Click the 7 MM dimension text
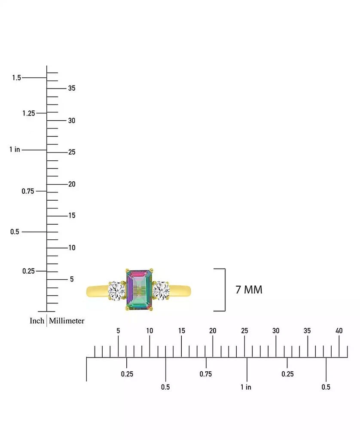[249, 290]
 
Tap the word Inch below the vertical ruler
[37, 321]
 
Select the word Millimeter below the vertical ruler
[67, 321]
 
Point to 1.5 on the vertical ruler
[17, 77]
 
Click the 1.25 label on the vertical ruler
[29, 113]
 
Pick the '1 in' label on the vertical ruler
[15, 149]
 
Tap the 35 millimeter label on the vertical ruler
[72, 88]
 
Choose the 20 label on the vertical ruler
[72, 184]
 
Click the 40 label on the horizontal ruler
[339, 330]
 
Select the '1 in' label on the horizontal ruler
[246, 387]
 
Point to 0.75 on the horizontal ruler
[206, 374]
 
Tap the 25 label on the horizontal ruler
[244, 330]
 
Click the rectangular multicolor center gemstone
[139, 290]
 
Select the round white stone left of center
[117, 291]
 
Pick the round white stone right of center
[161, 290]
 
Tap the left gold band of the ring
[98, 291]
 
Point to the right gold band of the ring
[180, 291]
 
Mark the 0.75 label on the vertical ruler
[28, 191]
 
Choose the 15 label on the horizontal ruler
[182, 330]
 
